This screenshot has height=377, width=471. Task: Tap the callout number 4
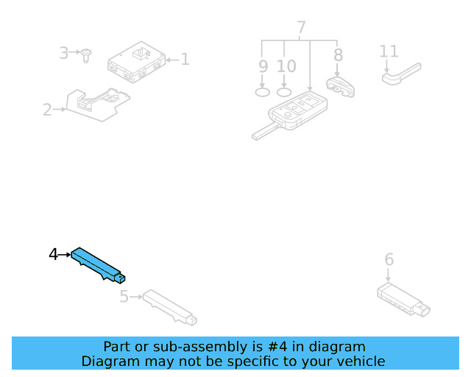pos(53,255)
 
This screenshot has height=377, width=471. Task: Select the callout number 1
pos(185,59)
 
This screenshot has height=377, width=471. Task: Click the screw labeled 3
pos(86,56)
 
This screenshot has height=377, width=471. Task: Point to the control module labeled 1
pos(136,62)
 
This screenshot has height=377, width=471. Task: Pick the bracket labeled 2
pos(97,105)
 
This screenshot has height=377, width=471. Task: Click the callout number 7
pos(301,27)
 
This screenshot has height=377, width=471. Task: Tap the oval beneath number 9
pos(262,92)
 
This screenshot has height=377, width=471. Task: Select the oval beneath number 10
pos(284,92)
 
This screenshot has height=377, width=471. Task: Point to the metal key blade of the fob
pos(264,131)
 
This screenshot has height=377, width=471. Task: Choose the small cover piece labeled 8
pos(341,87)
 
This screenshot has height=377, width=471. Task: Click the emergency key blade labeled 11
pos(401,74)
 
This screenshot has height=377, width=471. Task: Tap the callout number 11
pos(389,52)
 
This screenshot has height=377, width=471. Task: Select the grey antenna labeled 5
pos(170,307)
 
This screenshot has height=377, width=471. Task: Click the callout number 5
pos(124,297)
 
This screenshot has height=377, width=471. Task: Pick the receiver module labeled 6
pos(403,300)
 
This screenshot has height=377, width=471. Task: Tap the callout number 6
pos(389,259)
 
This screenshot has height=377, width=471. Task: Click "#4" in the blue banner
pos(277,347)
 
